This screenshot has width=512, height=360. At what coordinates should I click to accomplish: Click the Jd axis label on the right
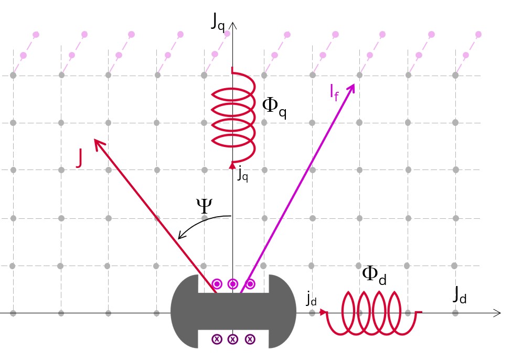[460, 296]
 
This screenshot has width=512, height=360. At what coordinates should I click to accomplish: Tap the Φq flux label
[274, 108]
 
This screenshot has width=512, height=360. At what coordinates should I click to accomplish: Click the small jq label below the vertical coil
[242, 174]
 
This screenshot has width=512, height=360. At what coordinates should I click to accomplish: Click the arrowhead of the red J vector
[96, 142]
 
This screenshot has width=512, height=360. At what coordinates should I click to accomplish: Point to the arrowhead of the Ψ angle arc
[180, 237]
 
